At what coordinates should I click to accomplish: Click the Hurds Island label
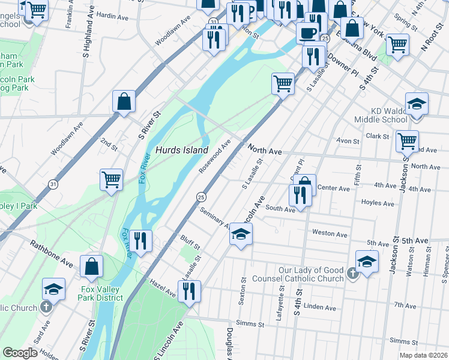[x=182, y=150]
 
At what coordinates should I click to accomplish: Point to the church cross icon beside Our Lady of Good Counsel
[x=352, y=274]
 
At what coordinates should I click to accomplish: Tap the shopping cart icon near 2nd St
[x=111, y=179]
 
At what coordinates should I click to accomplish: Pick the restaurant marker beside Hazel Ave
[x=189, y=291]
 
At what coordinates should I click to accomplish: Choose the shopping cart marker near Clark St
[x=407, y=141]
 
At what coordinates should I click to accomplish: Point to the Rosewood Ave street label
[x=215, y=155]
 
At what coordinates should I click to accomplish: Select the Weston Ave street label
[x=330, y=234]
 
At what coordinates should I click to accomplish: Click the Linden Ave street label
[x=320, y=307]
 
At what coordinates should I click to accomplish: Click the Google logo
[x=20, y=353]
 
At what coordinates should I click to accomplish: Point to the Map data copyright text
[x=424, y=355]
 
